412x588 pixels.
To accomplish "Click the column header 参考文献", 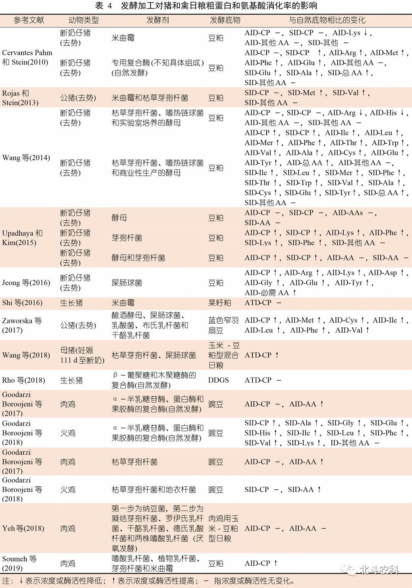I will pyautogui.click(x=29, y=20).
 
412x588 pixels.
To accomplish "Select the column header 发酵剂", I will pyautogui.click(x=157, y=20).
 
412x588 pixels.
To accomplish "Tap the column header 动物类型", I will pyautogui.click(x=83, y=20).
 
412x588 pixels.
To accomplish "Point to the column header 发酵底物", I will pyautogui.click(x=225, y=20).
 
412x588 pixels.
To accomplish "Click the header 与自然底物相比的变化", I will pyautogui.click(x=327, y=20).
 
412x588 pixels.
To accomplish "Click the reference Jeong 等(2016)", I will pyautogui.click(x=26, y=283).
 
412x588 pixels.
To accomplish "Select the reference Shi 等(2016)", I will pyautogui.click(x=22, y=303).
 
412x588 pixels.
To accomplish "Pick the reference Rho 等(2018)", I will pyautogui.click(x=23, y=380).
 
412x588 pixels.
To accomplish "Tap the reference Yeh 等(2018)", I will pyautogui.click(x=23, y=528).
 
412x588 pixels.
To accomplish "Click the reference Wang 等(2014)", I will pyautogui.click(x=26, y=158).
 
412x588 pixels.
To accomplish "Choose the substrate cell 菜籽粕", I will pyautogui.click(x=220, y=303).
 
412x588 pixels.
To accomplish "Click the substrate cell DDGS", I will pyautogui.click(x=218, y=380).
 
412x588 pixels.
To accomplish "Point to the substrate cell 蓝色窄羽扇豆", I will pyautogui.click(x=223, y=325).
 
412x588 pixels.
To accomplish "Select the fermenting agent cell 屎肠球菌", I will pyautogui.click(x=127, y=283).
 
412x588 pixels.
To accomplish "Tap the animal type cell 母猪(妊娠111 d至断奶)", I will pyautogui.click(x=82, y=355).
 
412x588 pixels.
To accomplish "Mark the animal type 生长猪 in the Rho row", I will pyautogui.click(x=71, y=380).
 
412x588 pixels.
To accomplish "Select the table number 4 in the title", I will pyautogui.click(x=110, y=6).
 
